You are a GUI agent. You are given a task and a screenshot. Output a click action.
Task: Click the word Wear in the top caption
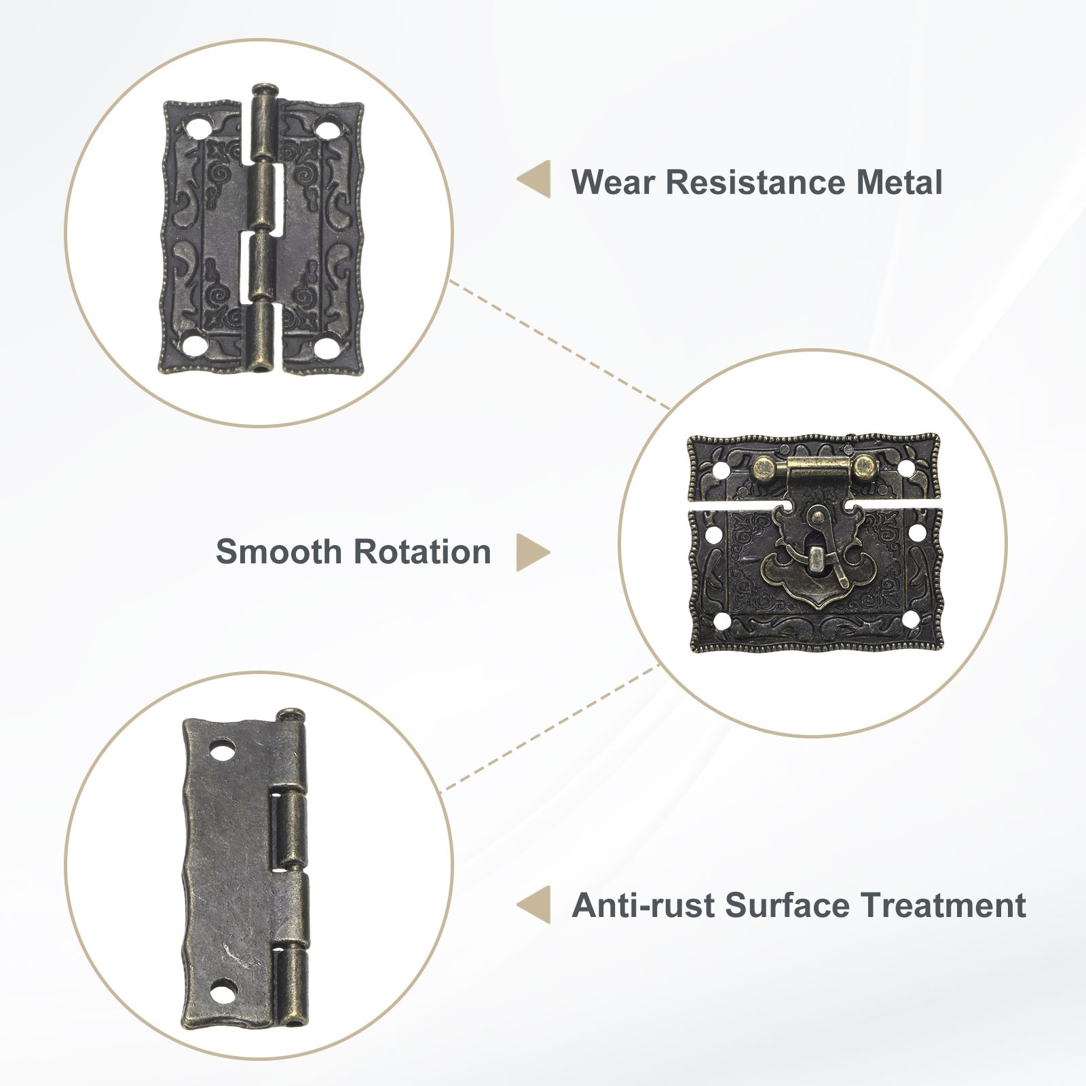click(x=612, y=183)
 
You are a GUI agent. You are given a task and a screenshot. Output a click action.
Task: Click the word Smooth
click(x=280, y=552)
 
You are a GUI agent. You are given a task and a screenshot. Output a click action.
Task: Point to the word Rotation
click(x=423, y=552)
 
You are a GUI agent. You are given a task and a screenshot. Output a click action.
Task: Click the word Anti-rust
click(x=643, y=905)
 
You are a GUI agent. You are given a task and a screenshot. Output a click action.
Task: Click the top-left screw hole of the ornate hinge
click(x=199, y=127)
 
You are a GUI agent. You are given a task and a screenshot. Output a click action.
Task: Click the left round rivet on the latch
click(x=765, y=466)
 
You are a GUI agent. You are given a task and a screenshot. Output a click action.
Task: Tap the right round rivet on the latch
click(x=864, y=466)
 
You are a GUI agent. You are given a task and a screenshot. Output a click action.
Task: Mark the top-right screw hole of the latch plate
click(x=905, y=469)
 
